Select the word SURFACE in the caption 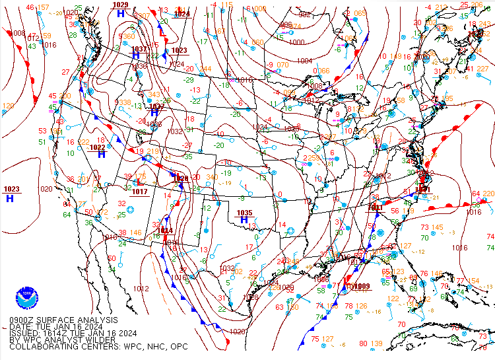61,320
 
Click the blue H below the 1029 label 120,13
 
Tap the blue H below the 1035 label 244,220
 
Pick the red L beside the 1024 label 162,31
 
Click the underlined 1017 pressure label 139,192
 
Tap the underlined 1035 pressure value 244,212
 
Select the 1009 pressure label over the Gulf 360,286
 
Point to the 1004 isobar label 304,61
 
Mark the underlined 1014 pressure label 165,231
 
